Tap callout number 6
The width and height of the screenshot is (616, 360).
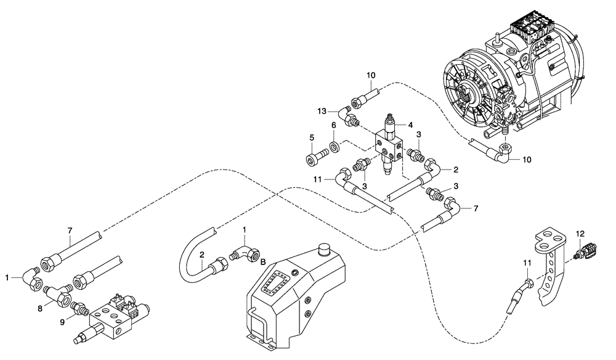[333, 125]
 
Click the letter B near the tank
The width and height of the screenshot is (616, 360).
[263, 263]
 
